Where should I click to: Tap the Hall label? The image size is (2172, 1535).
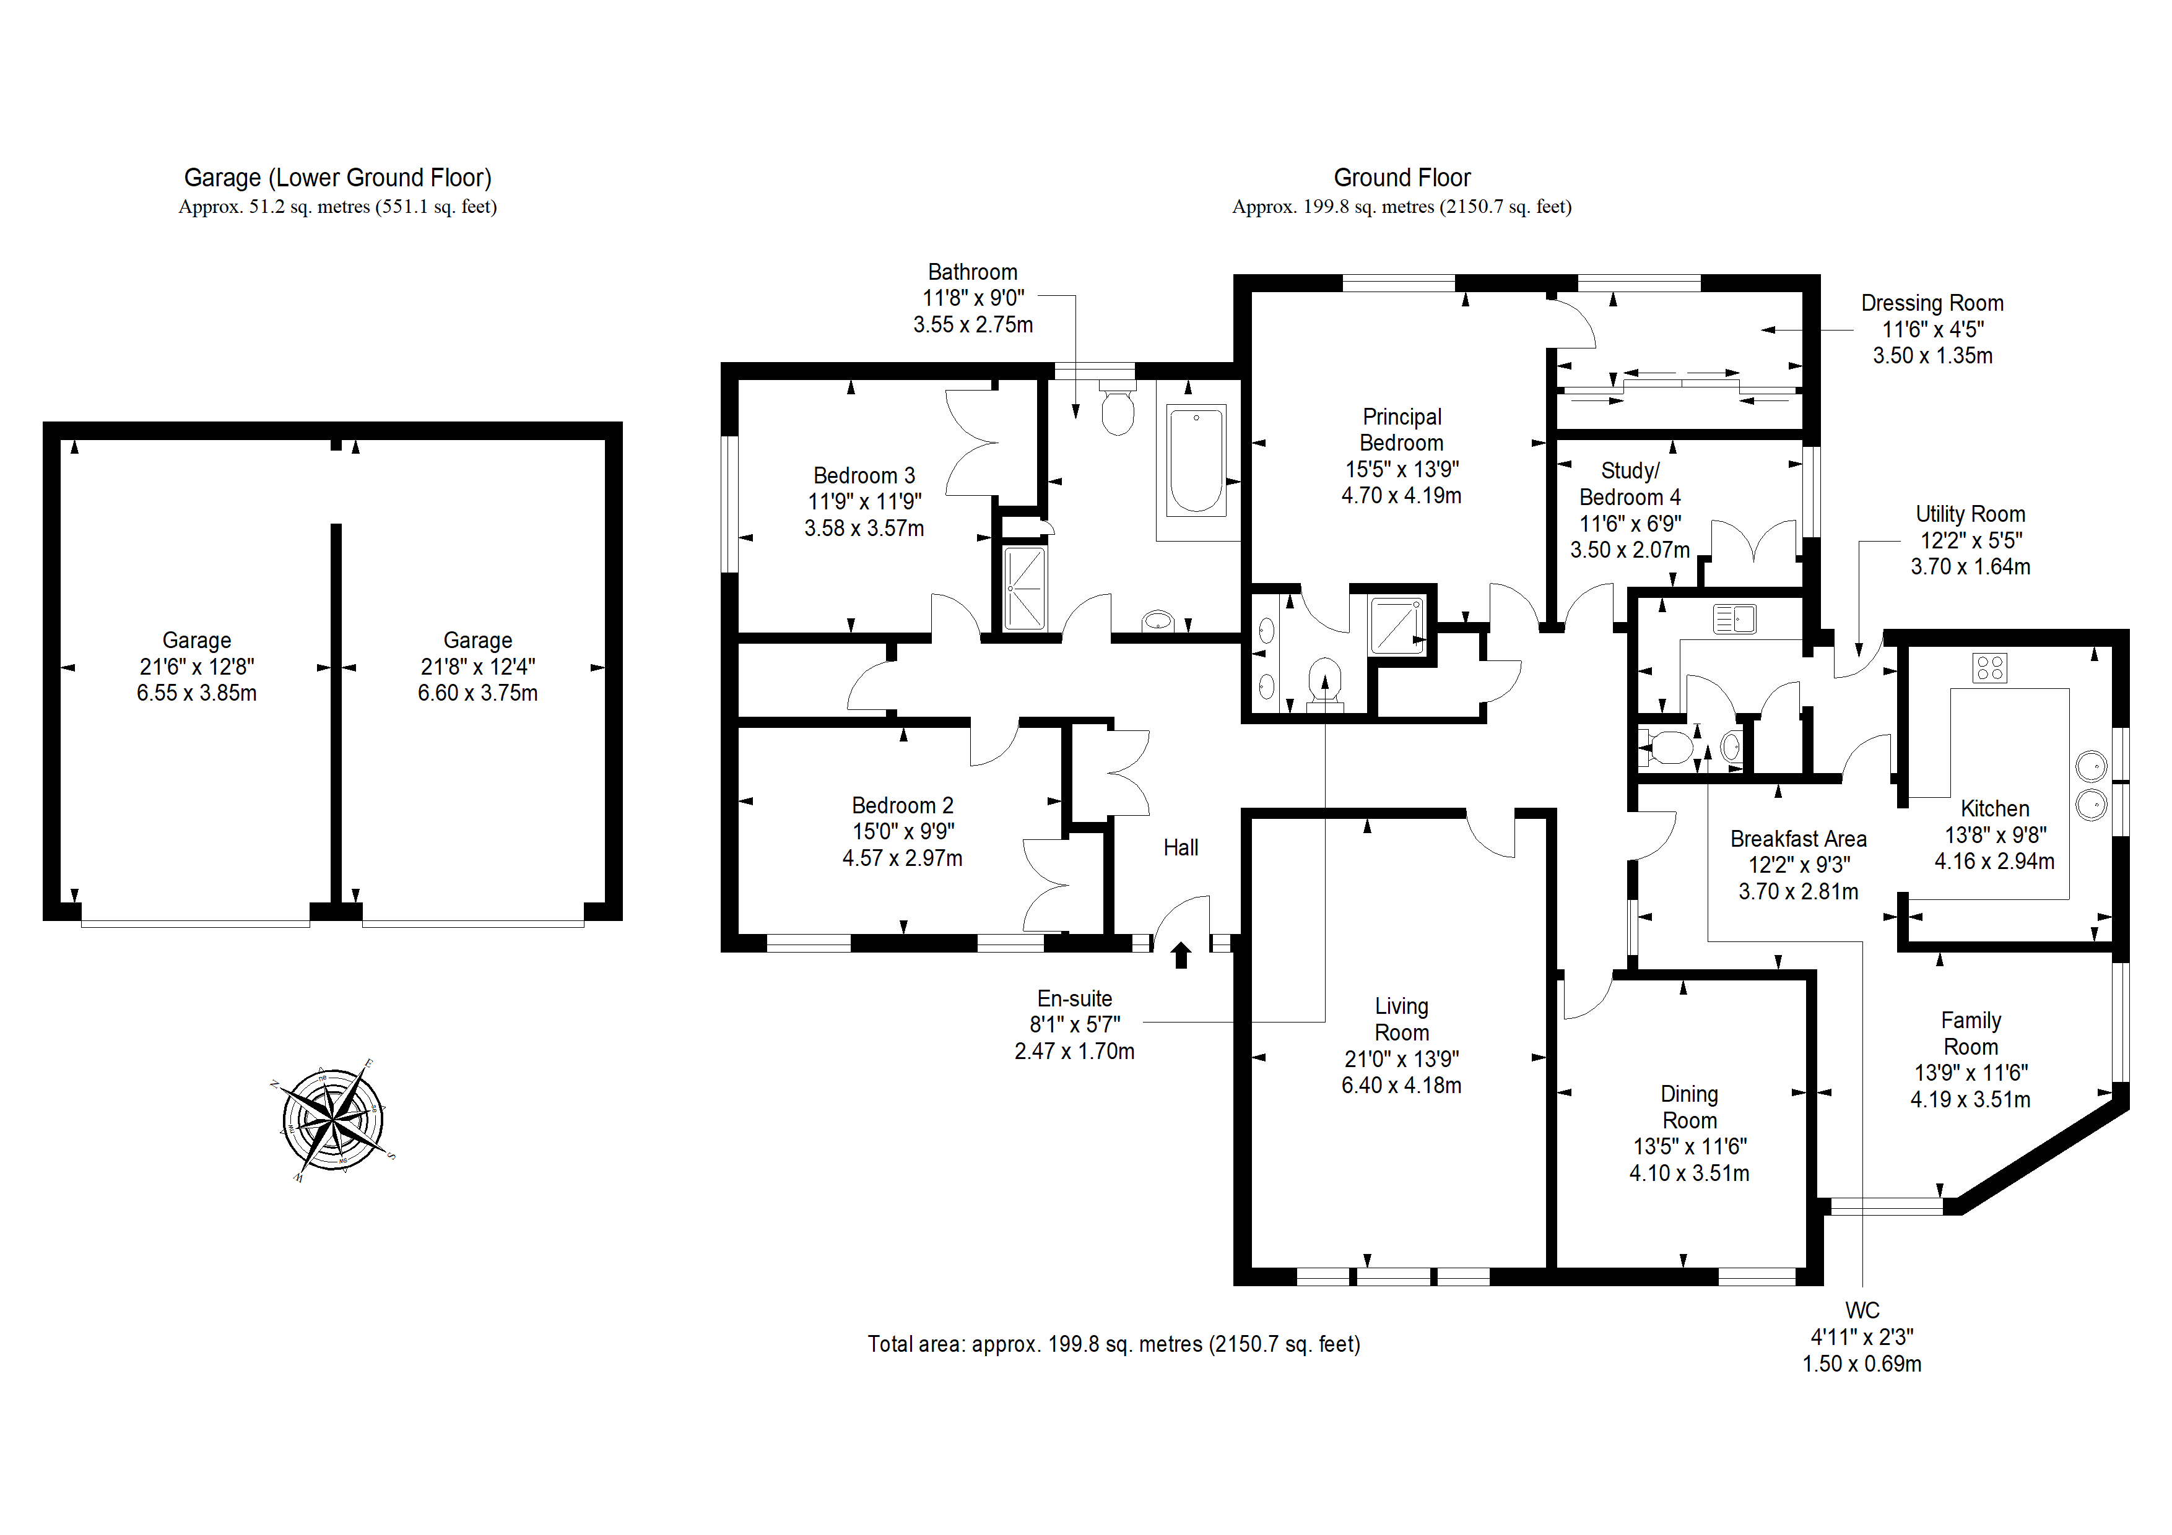coord(1181,847)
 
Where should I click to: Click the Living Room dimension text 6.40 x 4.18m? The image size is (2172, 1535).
coord(1401,1085)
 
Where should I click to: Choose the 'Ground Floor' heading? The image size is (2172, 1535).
coord(1402,178)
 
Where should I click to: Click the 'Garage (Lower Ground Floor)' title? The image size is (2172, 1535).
coord(337,178)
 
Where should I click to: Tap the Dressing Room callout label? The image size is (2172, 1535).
coord(1932,303)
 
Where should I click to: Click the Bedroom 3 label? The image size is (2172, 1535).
coord(864,476)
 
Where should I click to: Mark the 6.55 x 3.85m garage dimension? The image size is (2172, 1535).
coord(197,693)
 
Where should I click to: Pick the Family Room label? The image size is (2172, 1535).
coord(1971,1034)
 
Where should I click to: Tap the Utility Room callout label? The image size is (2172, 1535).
coord(1971,514)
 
